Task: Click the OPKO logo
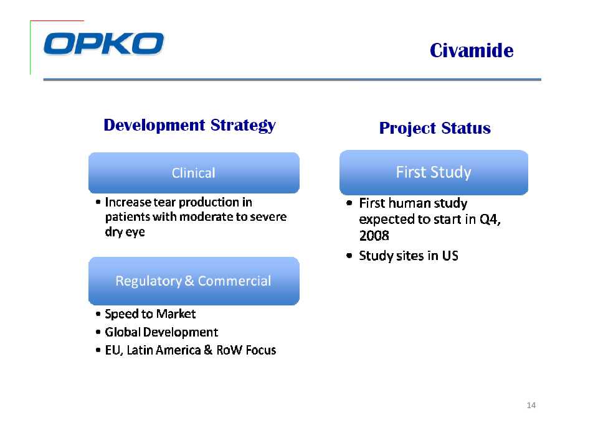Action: point(104,44)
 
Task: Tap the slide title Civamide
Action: point(472,50)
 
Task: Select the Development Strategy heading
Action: point(189,125)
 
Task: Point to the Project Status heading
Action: point(435,128)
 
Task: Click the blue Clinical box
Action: point(194,173)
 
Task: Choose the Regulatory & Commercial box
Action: point(194,281)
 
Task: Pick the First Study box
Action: point(434,172)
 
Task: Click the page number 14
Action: point(531,405)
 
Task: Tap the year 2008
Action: point(374,235)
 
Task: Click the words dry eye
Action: point(125,232)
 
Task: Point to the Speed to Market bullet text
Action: point(150,314)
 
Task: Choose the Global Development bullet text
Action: point(161,332)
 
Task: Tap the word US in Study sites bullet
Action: point(450,256)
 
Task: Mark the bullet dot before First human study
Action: point(349,203)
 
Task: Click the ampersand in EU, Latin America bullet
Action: point(208,350)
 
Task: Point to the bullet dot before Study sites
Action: point(349,256)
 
